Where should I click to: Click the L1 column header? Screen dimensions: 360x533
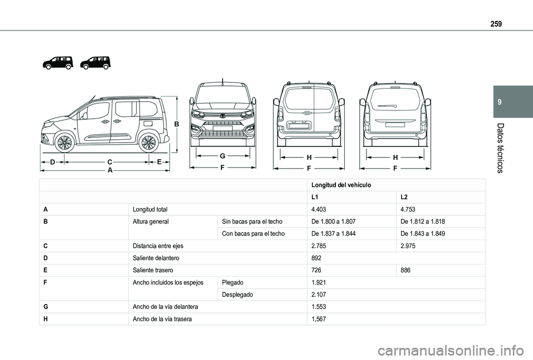coord(315,197)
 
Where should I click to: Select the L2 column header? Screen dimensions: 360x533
coord(404,197)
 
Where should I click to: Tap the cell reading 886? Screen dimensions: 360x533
coord(405,270)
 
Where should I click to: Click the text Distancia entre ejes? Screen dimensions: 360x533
coord(158,246)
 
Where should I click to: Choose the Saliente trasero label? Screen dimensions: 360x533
coord(153,270)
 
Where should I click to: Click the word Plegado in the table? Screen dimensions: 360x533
coord(233,282)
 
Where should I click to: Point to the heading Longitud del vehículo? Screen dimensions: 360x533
coord(341,185)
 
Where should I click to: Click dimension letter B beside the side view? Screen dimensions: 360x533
coord(177,125)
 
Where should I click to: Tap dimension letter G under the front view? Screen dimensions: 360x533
coord(222,156)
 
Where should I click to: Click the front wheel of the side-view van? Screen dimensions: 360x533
coord(65,143)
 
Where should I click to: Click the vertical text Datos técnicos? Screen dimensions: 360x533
coord(501,147)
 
